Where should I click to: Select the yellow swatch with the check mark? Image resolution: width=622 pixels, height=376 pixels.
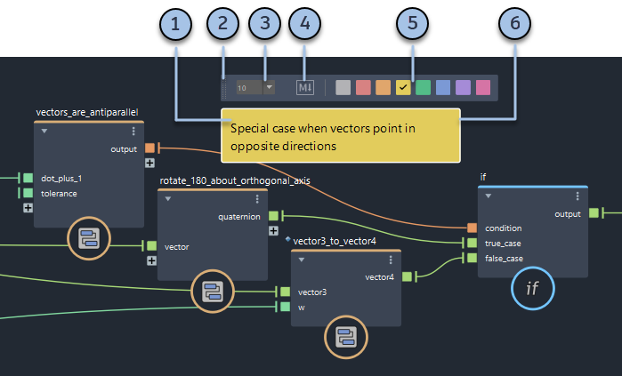tap(403, 87)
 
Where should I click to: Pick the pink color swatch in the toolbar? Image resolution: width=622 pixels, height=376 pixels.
tap(483, 87)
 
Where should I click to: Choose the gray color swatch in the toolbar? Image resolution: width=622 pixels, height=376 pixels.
tap(343, 87)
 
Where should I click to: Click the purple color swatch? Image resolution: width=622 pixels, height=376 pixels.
tap(463, 87)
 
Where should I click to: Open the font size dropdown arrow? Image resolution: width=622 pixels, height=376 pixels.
tap(269, 87)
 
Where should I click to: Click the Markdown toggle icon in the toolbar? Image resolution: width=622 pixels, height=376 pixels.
tap(306, 87)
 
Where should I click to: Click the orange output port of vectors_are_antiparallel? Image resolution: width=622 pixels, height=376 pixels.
tap(150, 148)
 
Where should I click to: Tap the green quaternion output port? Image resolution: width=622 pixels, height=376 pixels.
tap(274, 215)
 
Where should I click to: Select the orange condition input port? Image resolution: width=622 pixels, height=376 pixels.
tap(473, 228)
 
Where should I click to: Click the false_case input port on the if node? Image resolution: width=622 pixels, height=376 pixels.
tap(473, 259)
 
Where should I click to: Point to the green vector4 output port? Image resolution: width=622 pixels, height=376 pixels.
tap(408, 276)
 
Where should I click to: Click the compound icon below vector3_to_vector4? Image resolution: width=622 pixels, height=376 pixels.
tap(344, 336)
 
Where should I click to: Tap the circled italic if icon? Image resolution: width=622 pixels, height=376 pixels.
tap(532, 288)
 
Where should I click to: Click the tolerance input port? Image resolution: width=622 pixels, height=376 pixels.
tap(28, 193)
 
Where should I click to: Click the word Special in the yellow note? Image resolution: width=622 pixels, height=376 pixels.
tap(249, 129)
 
